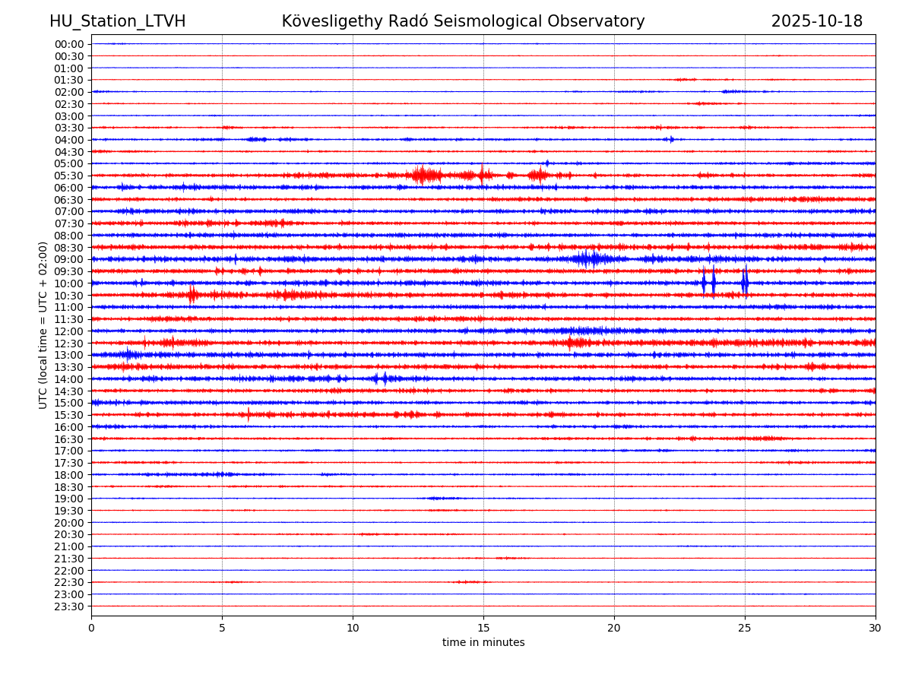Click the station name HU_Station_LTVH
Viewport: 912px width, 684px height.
click(117, 21)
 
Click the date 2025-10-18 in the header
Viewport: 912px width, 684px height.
click(817, 21)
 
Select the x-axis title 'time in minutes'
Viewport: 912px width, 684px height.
click(483, 642)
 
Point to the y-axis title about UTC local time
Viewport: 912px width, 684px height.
click(43, 325)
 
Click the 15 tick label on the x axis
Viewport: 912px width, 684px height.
click(483, 628)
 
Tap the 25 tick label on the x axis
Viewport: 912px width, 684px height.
click(745, 628)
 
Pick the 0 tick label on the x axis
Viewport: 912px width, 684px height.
click(91, 628)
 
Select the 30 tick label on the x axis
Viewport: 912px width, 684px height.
click(876, 628)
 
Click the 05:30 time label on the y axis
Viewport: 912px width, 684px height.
click(68, 176)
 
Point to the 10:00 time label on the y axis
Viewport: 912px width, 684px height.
click(68, 283)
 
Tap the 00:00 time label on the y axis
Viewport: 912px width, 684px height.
click(68, 44)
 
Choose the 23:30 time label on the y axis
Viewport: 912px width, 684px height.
click(68, 606)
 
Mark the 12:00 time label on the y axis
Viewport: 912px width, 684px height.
click(68, 331)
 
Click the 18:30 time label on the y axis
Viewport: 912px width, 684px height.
click(68, 486)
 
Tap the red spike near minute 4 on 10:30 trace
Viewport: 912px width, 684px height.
click(192, 295)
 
